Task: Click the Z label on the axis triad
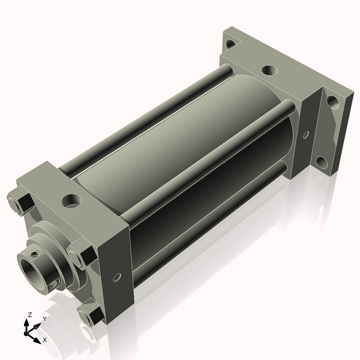[30, 314]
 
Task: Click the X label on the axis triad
[45, 340]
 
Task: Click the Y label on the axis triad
[45, 319]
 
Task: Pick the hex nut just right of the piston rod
[81, 254]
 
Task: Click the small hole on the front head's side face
[117, 276]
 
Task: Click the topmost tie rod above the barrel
[150, 114]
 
